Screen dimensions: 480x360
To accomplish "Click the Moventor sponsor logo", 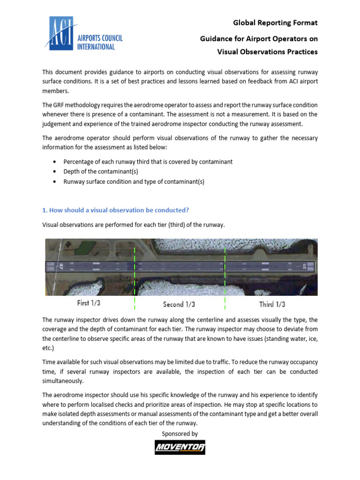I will point(180,447).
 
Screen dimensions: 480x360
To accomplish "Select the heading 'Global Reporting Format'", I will point(275,22).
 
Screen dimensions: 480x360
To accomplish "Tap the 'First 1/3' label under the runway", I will point(89,303).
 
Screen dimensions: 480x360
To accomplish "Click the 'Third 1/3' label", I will point(272,304).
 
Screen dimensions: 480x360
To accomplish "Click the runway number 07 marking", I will point(60,267).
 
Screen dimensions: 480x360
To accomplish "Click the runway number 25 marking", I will point(305,267).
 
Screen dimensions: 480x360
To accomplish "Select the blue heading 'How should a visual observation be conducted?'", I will point(115,210).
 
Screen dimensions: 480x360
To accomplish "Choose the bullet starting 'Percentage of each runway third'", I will point(148,162).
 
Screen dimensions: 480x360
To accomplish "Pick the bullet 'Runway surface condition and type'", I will point(134,181).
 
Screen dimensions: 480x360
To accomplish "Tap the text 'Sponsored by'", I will point(180,434).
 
